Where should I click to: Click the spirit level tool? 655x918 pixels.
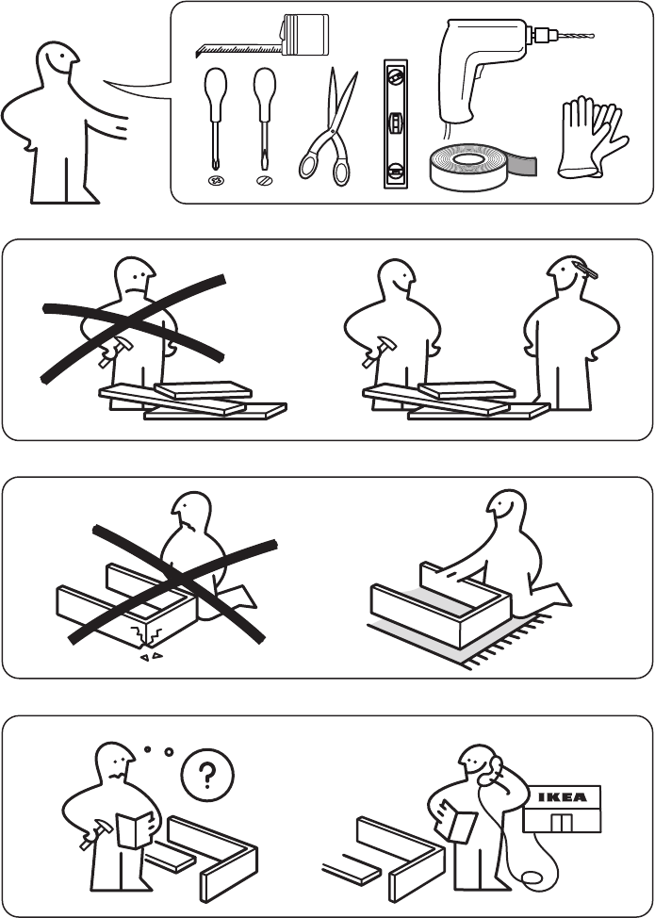pos(396,123)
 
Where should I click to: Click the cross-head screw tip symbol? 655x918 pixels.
pos(216,181)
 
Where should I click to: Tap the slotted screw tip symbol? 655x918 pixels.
pos(265,181)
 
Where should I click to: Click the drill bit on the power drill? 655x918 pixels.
pos(576,36)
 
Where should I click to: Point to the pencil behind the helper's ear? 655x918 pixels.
pos(586,270)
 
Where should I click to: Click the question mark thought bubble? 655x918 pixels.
pos(207,775)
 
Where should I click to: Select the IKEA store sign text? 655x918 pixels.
pos(562,796)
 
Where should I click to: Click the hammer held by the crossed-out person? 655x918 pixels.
pos(115,352)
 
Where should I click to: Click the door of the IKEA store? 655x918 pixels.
pos(562,823)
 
